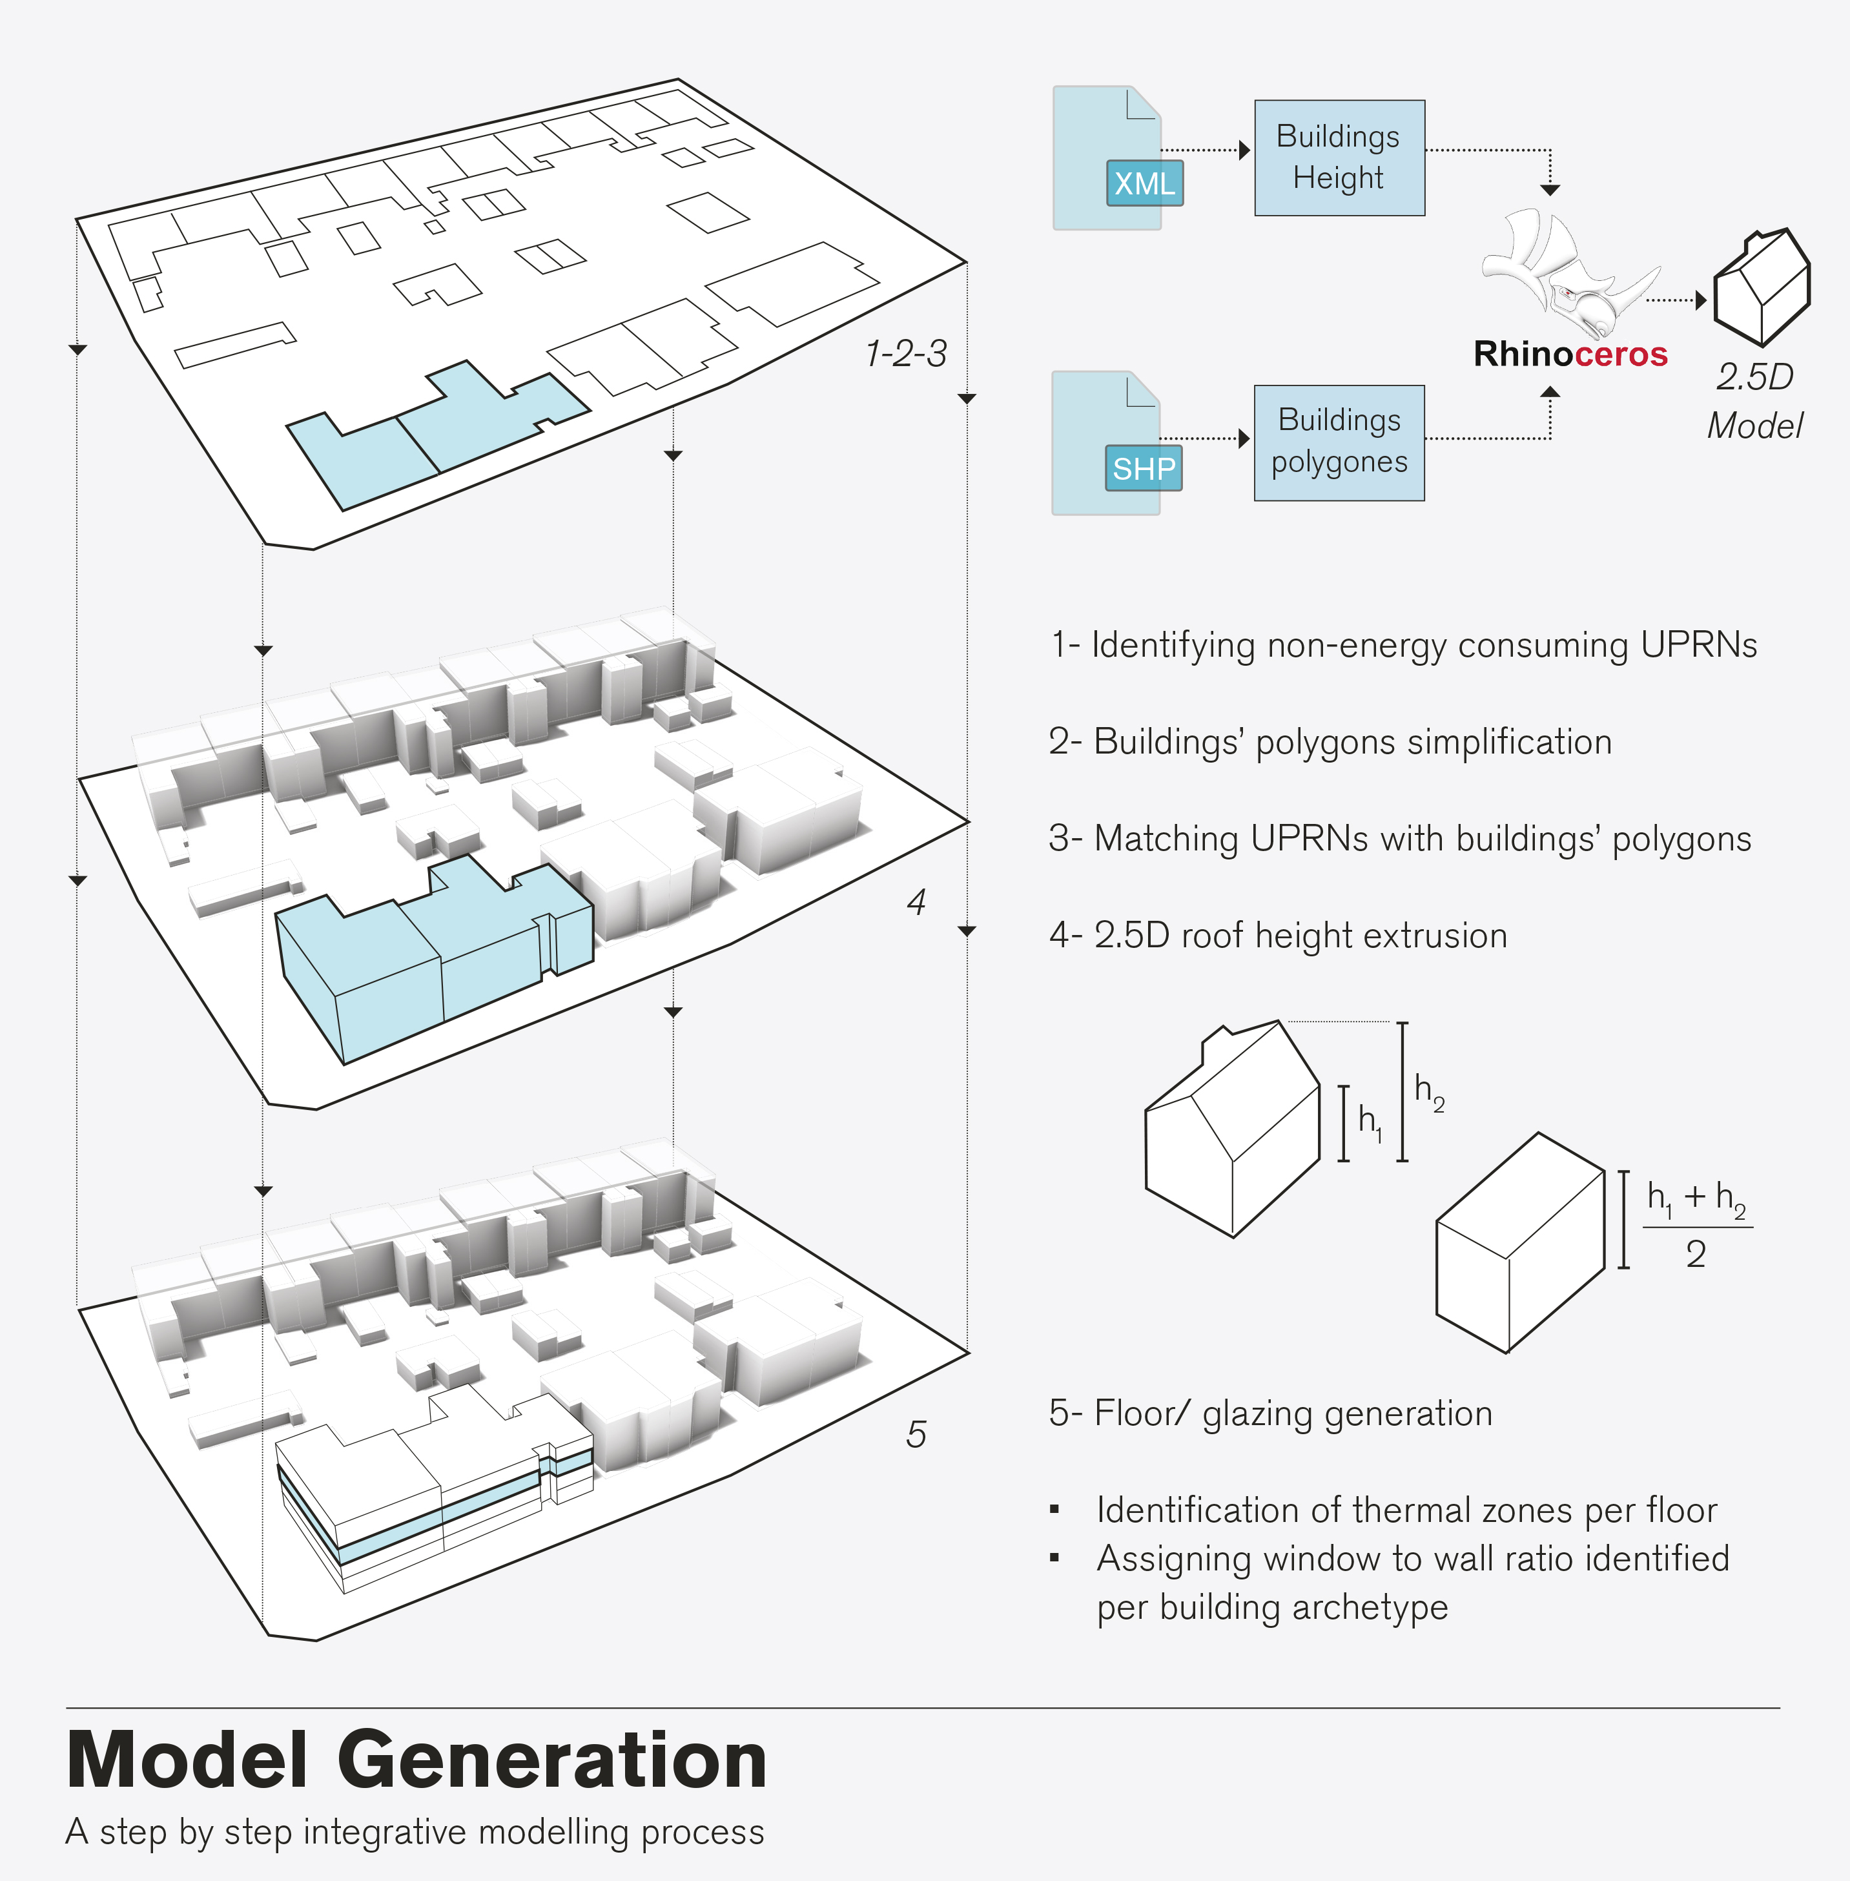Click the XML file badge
[1145, 183]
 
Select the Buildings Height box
[1339, 158]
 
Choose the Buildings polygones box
[1339, 442]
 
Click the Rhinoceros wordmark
[1570, 354]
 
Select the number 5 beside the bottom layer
[915, 1434]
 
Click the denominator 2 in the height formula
[1696, 1255]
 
